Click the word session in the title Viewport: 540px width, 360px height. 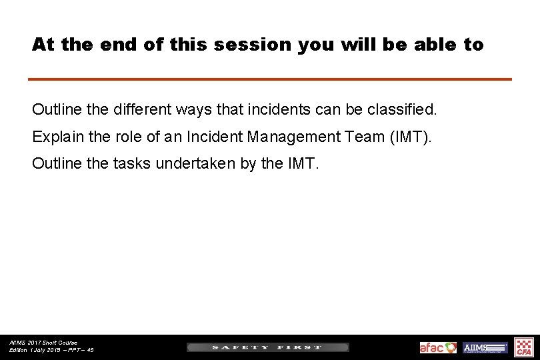[255, 45]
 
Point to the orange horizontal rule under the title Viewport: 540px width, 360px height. [269, 79]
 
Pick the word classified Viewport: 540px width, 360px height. [401, 108]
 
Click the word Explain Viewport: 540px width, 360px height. [56, 137]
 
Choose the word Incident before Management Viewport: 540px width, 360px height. [215, 137]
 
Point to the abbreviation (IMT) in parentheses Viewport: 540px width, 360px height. [410, 137]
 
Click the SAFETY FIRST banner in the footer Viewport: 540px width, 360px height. [267, 347]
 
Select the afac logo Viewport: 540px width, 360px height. [438, 347]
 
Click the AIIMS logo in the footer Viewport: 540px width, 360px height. [485, 347]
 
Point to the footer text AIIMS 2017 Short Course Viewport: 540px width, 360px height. [43, 343]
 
